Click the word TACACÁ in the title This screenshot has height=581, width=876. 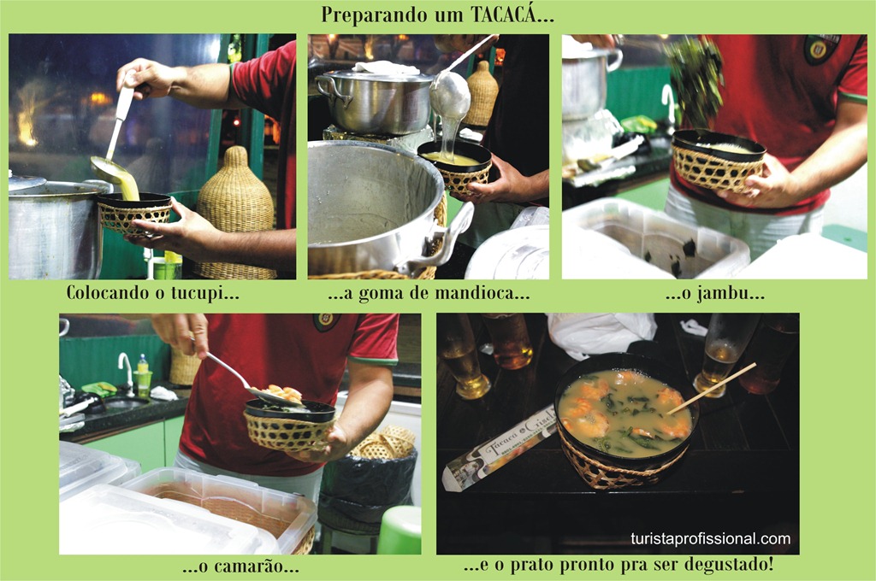tap(501, 15)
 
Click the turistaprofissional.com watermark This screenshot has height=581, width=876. tap(711, 539)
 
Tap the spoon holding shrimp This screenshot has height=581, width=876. tap(252, 382)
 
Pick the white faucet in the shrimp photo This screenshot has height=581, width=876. tap(127, 371)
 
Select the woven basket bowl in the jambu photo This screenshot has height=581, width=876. tap(718, 160)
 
